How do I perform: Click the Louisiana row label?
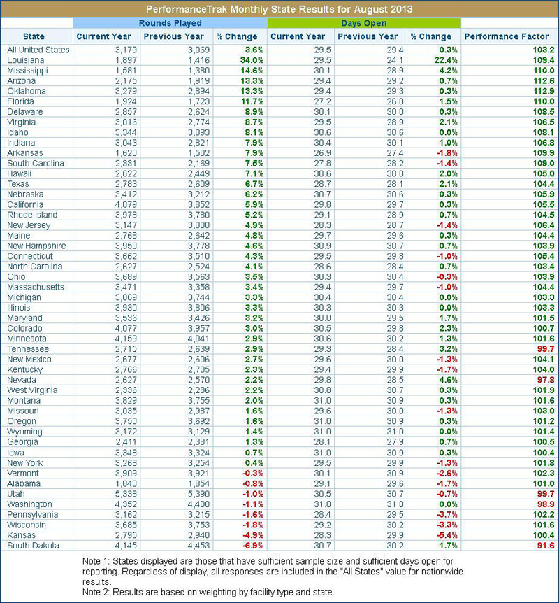pos(25,60)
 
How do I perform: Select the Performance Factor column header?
pos(507,36)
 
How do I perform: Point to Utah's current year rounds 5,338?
pos(126,494)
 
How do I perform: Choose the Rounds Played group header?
pos(170,23)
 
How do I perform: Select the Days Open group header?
pos(364,23)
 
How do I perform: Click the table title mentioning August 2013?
pos(279,9)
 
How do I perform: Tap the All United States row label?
pos(38,50)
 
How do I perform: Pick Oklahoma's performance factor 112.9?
pos(543,91)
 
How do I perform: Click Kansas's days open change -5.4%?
pos(447,535)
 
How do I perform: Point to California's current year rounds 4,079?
pos(126,204)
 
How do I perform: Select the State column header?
pos(34,36)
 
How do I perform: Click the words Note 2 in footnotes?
pos(96,593)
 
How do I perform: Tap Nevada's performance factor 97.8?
pos(546,380)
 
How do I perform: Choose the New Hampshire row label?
pos(36,246)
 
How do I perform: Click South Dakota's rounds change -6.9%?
pos(253,546)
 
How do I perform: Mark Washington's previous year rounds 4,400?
pos(199,504)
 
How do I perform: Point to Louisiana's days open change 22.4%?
pos(447,60)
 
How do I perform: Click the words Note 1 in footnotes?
pos(96,562)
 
